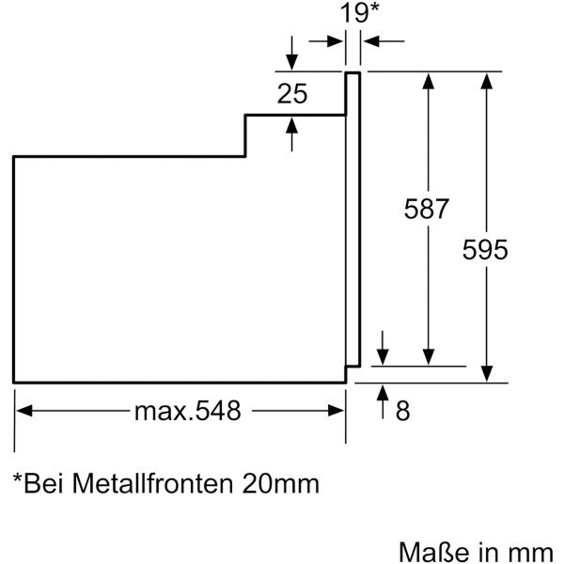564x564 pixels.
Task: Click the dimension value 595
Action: [486, 250]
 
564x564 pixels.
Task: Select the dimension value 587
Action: [428, 209]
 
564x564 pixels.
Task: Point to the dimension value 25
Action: [292, 93]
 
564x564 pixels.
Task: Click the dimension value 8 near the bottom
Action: [402, 411]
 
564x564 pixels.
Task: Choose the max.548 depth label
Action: [187, 411]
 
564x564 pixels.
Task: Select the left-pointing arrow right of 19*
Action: [371, 40]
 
